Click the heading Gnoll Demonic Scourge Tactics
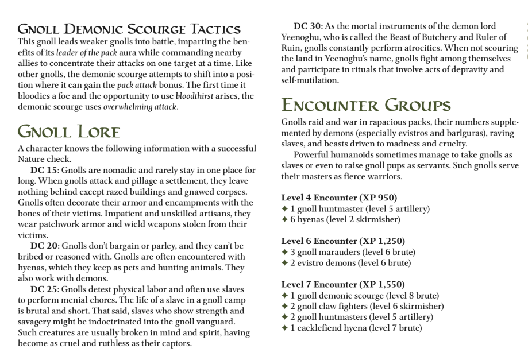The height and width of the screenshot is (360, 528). (129, 29)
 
